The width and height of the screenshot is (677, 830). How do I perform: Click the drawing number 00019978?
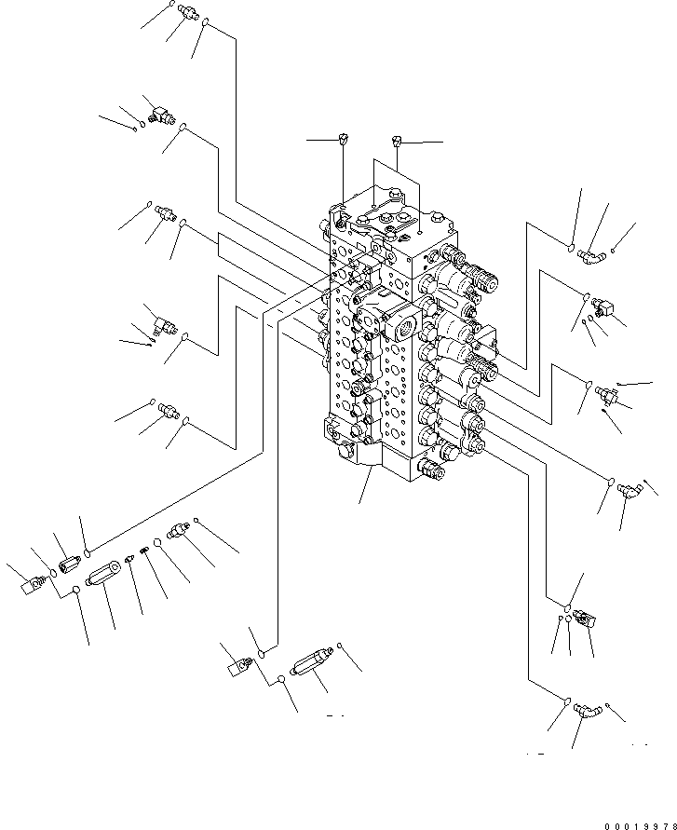coord(641,825)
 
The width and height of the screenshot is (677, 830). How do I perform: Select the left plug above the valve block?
coord(343,139)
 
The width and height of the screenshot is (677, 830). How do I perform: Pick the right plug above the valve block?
coord(397,141)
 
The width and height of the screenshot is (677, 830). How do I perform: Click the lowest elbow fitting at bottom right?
coord(586,711)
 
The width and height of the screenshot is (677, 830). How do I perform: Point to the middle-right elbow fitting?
coord(630,491)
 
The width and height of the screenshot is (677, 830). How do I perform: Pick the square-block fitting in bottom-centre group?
coord(239,666)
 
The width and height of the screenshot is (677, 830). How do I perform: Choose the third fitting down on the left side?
coord(166,213)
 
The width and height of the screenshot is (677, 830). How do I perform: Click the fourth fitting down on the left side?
coord(165,324)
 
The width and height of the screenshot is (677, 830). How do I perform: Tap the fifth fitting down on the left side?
coord(169,410)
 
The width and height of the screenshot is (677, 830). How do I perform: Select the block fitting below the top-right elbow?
coord(603,306)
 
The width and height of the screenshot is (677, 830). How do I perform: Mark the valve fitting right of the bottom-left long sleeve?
coord(178,531)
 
